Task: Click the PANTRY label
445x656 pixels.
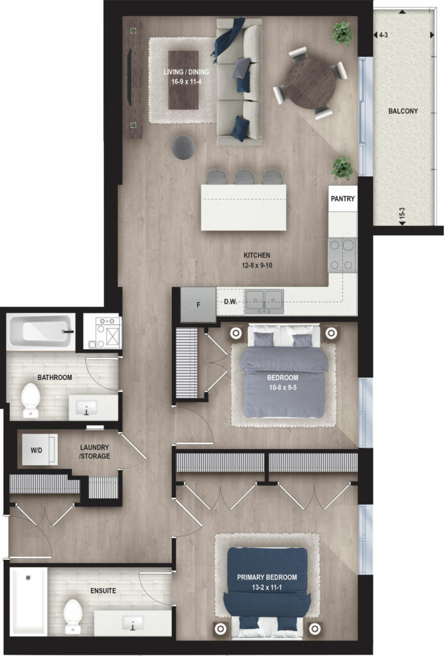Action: (x=342, y=199)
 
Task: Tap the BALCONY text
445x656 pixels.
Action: (x=403, y=111)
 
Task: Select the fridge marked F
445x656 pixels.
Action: (x=198, y=304)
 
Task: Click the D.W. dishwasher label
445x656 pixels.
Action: (x=230, y=301)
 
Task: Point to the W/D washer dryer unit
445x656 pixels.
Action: (x=39, y=450)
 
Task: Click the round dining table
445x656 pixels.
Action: (x=310, y=83)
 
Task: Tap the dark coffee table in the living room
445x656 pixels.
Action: (x=183, y=80)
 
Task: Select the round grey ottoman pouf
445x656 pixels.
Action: (x=184, y=147)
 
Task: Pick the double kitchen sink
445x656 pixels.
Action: (x=264, y=301)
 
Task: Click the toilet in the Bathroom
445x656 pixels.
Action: (x=30, y=400)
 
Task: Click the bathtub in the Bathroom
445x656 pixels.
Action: (x=40, y=332)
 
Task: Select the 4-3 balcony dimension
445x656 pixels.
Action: (x=383, y=36)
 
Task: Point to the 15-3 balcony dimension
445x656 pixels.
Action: (x=402, y=214)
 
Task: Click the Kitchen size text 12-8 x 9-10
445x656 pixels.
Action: (x=256, y=265)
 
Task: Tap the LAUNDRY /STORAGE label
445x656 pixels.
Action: (x=95, y=452)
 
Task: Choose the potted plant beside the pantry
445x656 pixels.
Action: (x=342, y=168)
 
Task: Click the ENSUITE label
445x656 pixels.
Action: (x=103, y=591)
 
